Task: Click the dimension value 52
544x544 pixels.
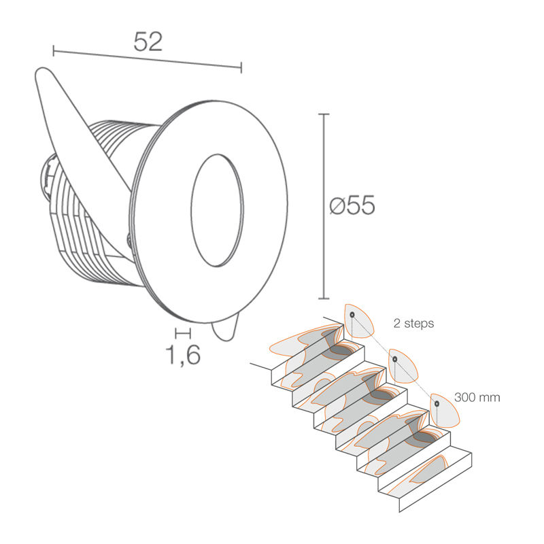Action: (x=148, y=41)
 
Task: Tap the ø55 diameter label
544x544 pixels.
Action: (x=352, y=205)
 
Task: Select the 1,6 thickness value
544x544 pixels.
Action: (x=183, y=354)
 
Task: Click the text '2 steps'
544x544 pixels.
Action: (x=413, y=324)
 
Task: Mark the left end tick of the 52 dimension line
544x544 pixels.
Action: (x=54, y=50)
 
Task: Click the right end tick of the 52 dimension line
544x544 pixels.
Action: (x=241, y=67)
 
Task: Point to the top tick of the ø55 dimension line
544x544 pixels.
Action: (x=324, y=114)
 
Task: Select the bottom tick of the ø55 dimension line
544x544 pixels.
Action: (x=324, y=298)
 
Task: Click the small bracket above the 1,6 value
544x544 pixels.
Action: (x=182, y=333)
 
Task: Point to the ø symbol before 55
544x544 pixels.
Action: (x=335, y=205)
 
